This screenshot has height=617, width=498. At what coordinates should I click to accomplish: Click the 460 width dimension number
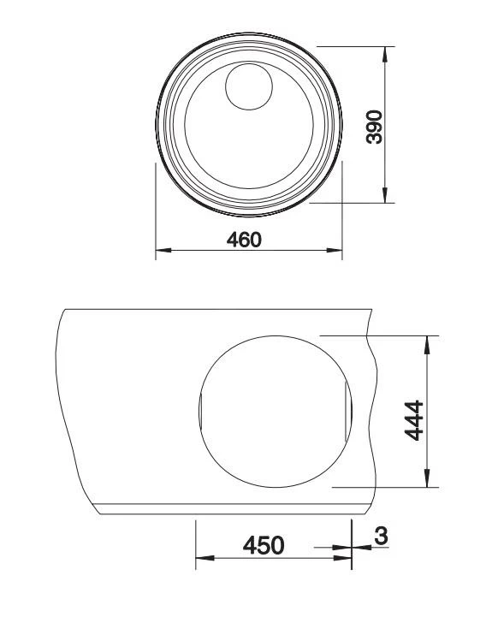[243, 240]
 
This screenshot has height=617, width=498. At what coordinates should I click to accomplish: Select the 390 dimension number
[374, 126]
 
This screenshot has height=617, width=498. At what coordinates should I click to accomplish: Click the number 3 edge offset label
[380, 537]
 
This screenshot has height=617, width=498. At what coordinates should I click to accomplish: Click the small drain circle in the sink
[248, 86]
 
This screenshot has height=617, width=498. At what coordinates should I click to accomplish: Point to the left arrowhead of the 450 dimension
[202, 558]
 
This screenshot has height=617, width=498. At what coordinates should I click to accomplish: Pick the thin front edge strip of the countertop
[231, 511]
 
